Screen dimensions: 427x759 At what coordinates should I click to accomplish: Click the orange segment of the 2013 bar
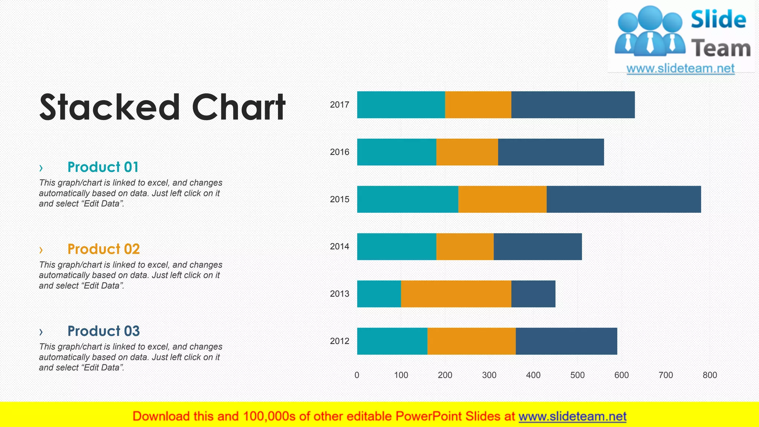[456, 294]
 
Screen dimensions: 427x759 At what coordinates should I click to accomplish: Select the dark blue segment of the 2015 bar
[623, 199]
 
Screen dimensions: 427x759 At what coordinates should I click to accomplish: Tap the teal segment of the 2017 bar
[401, 105]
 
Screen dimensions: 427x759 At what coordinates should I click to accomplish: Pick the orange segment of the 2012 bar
[471, 341]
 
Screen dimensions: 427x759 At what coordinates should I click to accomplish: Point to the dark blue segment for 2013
[533, 294]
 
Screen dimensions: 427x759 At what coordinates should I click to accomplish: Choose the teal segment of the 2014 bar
[397, 246]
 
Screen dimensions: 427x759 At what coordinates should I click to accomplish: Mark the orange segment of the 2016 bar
[467, 152]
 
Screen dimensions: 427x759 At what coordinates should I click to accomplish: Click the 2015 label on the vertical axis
[339, 199]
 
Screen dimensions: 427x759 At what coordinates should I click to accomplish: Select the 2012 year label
[339, 341]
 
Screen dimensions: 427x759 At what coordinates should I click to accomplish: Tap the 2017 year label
[339, 105]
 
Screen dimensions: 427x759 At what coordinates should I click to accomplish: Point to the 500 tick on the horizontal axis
[577, 375]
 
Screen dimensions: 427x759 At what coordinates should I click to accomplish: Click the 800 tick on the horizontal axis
[710, 375]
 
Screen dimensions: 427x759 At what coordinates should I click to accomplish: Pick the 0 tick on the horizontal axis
[357, 375]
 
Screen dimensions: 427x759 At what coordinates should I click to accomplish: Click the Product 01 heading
[103, 167]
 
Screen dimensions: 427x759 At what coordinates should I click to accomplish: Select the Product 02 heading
[103, 249]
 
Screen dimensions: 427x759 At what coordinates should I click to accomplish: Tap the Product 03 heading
[103, 331]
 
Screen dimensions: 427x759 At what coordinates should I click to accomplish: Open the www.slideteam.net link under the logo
[680, 69]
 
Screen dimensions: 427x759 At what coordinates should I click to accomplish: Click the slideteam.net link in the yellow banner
[572, 417]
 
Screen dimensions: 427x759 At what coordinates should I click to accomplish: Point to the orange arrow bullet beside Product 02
[41, 250]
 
